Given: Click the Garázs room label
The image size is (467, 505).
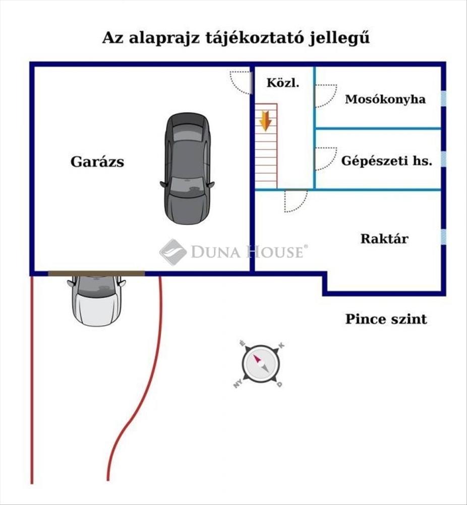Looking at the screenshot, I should tap(97, 162).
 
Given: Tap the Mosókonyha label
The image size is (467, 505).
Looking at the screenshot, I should tap(385, 99).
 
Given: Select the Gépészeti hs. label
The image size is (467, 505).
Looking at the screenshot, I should tap(387, 162).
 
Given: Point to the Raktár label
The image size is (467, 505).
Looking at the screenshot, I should tap(384, 238).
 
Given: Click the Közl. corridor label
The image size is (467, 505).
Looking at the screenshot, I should tap(283, 83).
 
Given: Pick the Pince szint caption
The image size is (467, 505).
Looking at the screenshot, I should tap(386, 319).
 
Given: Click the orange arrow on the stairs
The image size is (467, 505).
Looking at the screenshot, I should tap(265, 122).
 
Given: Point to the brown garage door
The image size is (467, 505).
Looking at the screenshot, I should tap(96, 273).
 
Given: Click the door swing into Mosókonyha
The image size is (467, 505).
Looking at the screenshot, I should tap(325, 95).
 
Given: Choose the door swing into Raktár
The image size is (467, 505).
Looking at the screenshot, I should tap(296, 200).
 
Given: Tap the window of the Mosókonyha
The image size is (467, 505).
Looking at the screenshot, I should tap(443, 99).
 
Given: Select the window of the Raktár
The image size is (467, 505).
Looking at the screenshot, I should tap(443, 237).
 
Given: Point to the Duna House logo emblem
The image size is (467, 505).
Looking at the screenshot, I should tap(173, 251).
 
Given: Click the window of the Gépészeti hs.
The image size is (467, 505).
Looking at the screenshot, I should tap(443, 159).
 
